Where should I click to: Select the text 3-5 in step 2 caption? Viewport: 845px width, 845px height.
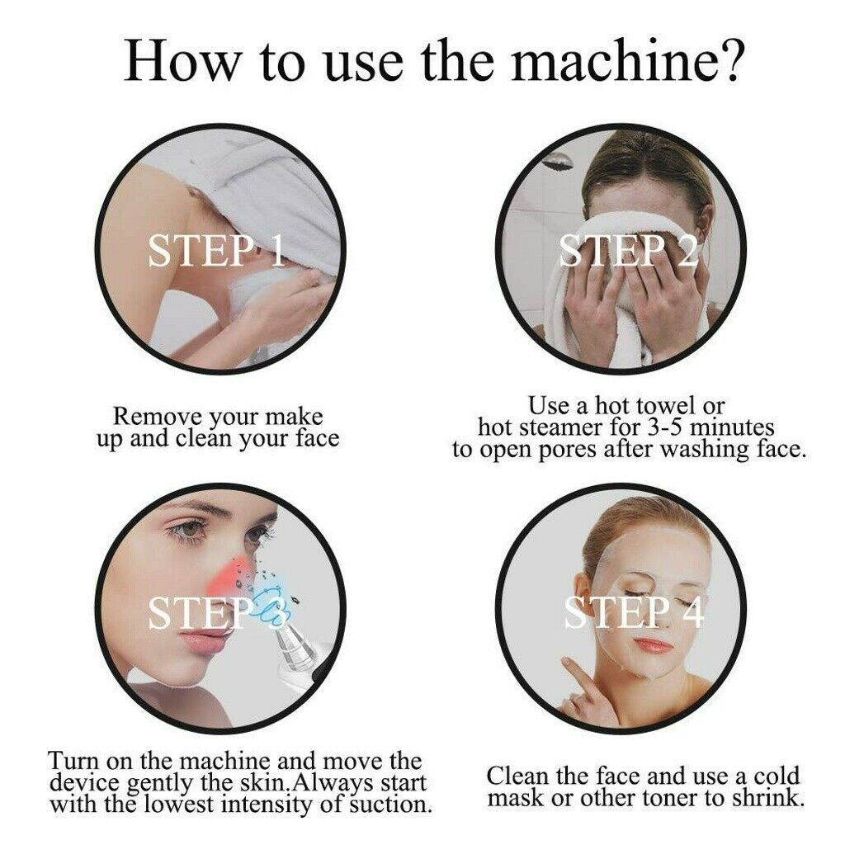(x=663, y=427)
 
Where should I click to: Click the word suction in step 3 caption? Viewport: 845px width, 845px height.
(x=387, y=804)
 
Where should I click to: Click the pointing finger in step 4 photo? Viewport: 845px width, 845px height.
(x=578, y=669)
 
